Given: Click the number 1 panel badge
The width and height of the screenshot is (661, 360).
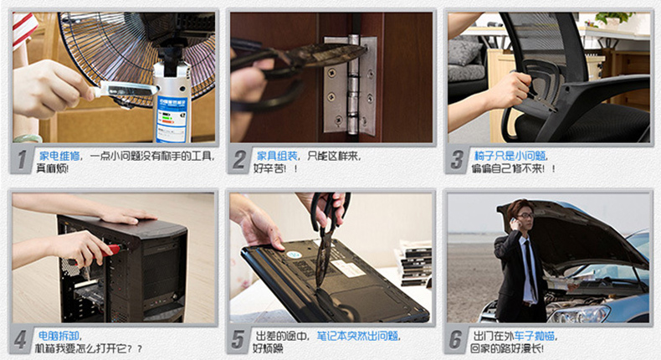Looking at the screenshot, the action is point(22,161).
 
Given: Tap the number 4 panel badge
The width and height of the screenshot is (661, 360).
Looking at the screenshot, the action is point(20,340).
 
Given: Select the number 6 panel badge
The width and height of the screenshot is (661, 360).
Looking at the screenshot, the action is point(456,340).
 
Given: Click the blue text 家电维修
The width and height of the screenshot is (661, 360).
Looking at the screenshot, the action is point(59,156).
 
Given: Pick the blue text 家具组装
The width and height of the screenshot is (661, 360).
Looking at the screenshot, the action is point(277,156).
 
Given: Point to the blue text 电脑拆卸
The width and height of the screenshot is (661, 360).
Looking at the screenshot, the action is point(59,336).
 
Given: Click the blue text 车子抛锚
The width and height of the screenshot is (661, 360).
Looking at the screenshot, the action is point(534,336).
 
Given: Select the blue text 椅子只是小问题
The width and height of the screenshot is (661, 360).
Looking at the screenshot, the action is point(510,156).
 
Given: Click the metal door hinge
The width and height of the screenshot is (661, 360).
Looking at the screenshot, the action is point(351,85).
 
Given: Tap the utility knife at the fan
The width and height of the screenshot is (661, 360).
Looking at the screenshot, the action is point(125,90).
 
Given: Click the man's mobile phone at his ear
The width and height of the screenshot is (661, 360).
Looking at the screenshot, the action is point(515,221).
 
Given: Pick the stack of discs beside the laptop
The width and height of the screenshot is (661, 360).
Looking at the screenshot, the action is point(414,265).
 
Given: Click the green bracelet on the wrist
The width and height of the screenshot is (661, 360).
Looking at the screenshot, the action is point(28,138).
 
